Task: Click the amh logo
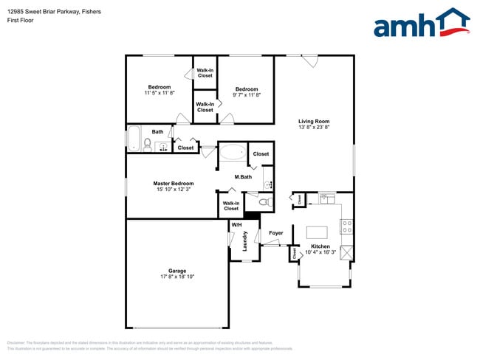[x=422, y=24]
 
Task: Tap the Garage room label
[x=177, y=271]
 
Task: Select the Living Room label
[x=314, y=122]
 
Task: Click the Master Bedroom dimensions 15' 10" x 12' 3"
[x=174, y=190]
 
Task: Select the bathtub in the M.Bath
[x=232, y=153]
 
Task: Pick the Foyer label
[x=275, y=233]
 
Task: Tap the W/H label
[x=236, y=225]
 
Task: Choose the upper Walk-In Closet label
[x=205, y=73]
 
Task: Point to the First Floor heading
[x=21, y=21]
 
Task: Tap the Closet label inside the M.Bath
[x=261, y=154]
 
